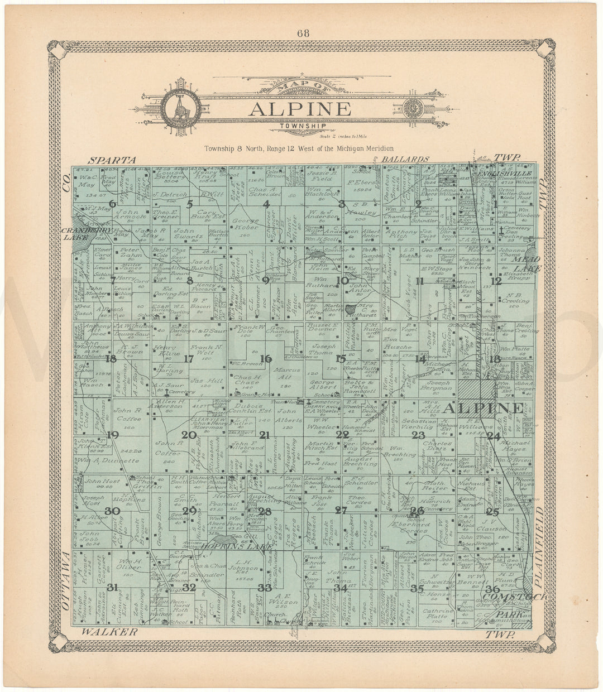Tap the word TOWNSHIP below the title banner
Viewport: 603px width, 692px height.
click(300, 127)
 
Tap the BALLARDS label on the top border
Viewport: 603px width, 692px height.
click(405, 159)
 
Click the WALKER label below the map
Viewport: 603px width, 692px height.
click(109, 632)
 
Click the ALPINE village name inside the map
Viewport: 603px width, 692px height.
click(484, 408)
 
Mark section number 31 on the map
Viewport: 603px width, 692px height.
click(113, 587)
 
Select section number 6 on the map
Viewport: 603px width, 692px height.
click(113, 204)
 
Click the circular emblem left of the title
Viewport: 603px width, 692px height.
click(174, 105)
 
